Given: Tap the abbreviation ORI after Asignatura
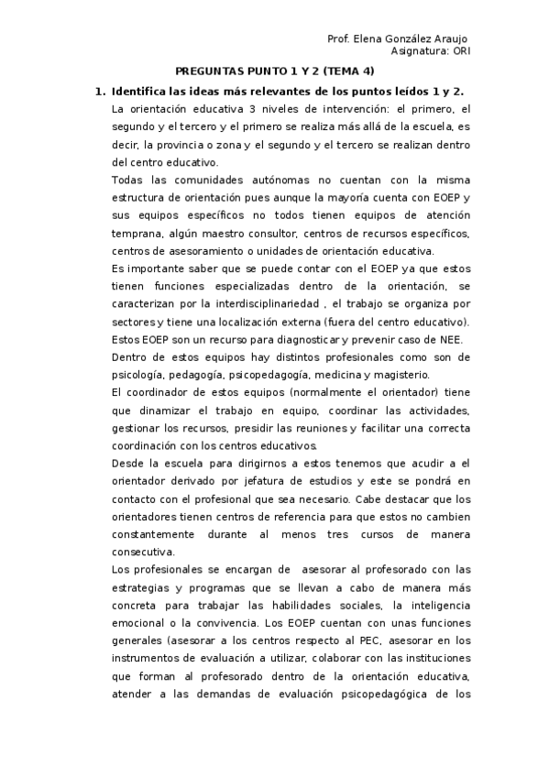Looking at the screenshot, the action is [458, 52].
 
